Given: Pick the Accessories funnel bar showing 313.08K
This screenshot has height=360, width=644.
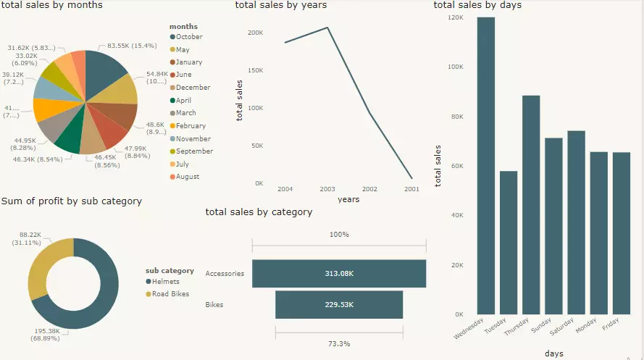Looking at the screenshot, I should (338, 274).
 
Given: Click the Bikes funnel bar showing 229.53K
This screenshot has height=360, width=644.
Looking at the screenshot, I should (338, 305).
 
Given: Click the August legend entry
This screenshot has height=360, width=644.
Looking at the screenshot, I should (187, 177).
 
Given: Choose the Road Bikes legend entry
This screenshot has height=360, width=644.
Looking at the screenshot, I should (170, 294).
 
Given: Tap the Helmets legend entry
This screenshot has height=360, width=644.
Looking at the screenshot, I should (167, 281).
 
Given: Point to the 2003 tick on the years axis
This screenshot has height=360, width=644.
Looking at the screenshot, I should (327, 188).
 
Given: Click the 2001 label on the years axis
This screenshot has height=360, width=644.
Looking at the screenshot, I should (411, 188).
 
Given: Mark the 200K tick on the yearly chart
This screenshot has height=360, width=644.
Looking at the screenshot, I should (255, 33).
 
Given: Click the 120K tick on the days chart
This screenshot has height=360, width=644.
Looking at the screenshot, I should (455, 17).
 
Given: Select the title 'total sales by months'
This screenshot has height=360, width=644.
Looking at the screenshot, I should (52, 5).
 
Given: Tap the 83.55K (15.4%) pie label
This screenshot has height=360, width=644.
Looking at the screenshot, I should (132, 46).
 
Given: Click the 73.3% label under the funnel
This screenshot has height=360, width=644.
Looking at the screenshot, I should (338, 343).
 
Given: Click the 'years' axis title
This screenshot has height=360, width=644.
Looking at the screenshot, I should (348, 199).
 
